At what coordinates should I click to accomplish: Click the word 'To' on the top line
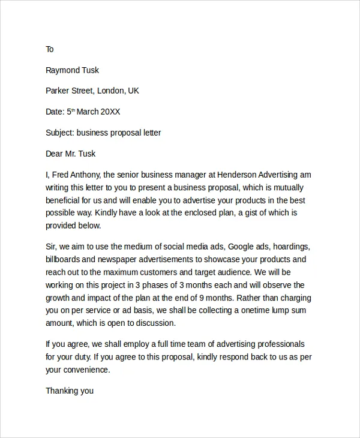[x=50, y=49]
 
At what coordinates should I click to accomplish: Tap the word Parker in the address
[x=59, y=91]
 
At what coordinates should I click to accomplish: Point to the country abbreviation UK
[x=133, y=91]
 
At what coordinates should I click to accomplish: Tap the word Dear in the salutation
[x=55, y=154]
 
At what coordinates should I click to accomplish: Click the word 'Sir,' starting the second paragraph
[x=52, y=247]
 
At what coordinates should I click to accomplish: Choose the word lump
[x=280, y=310]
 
